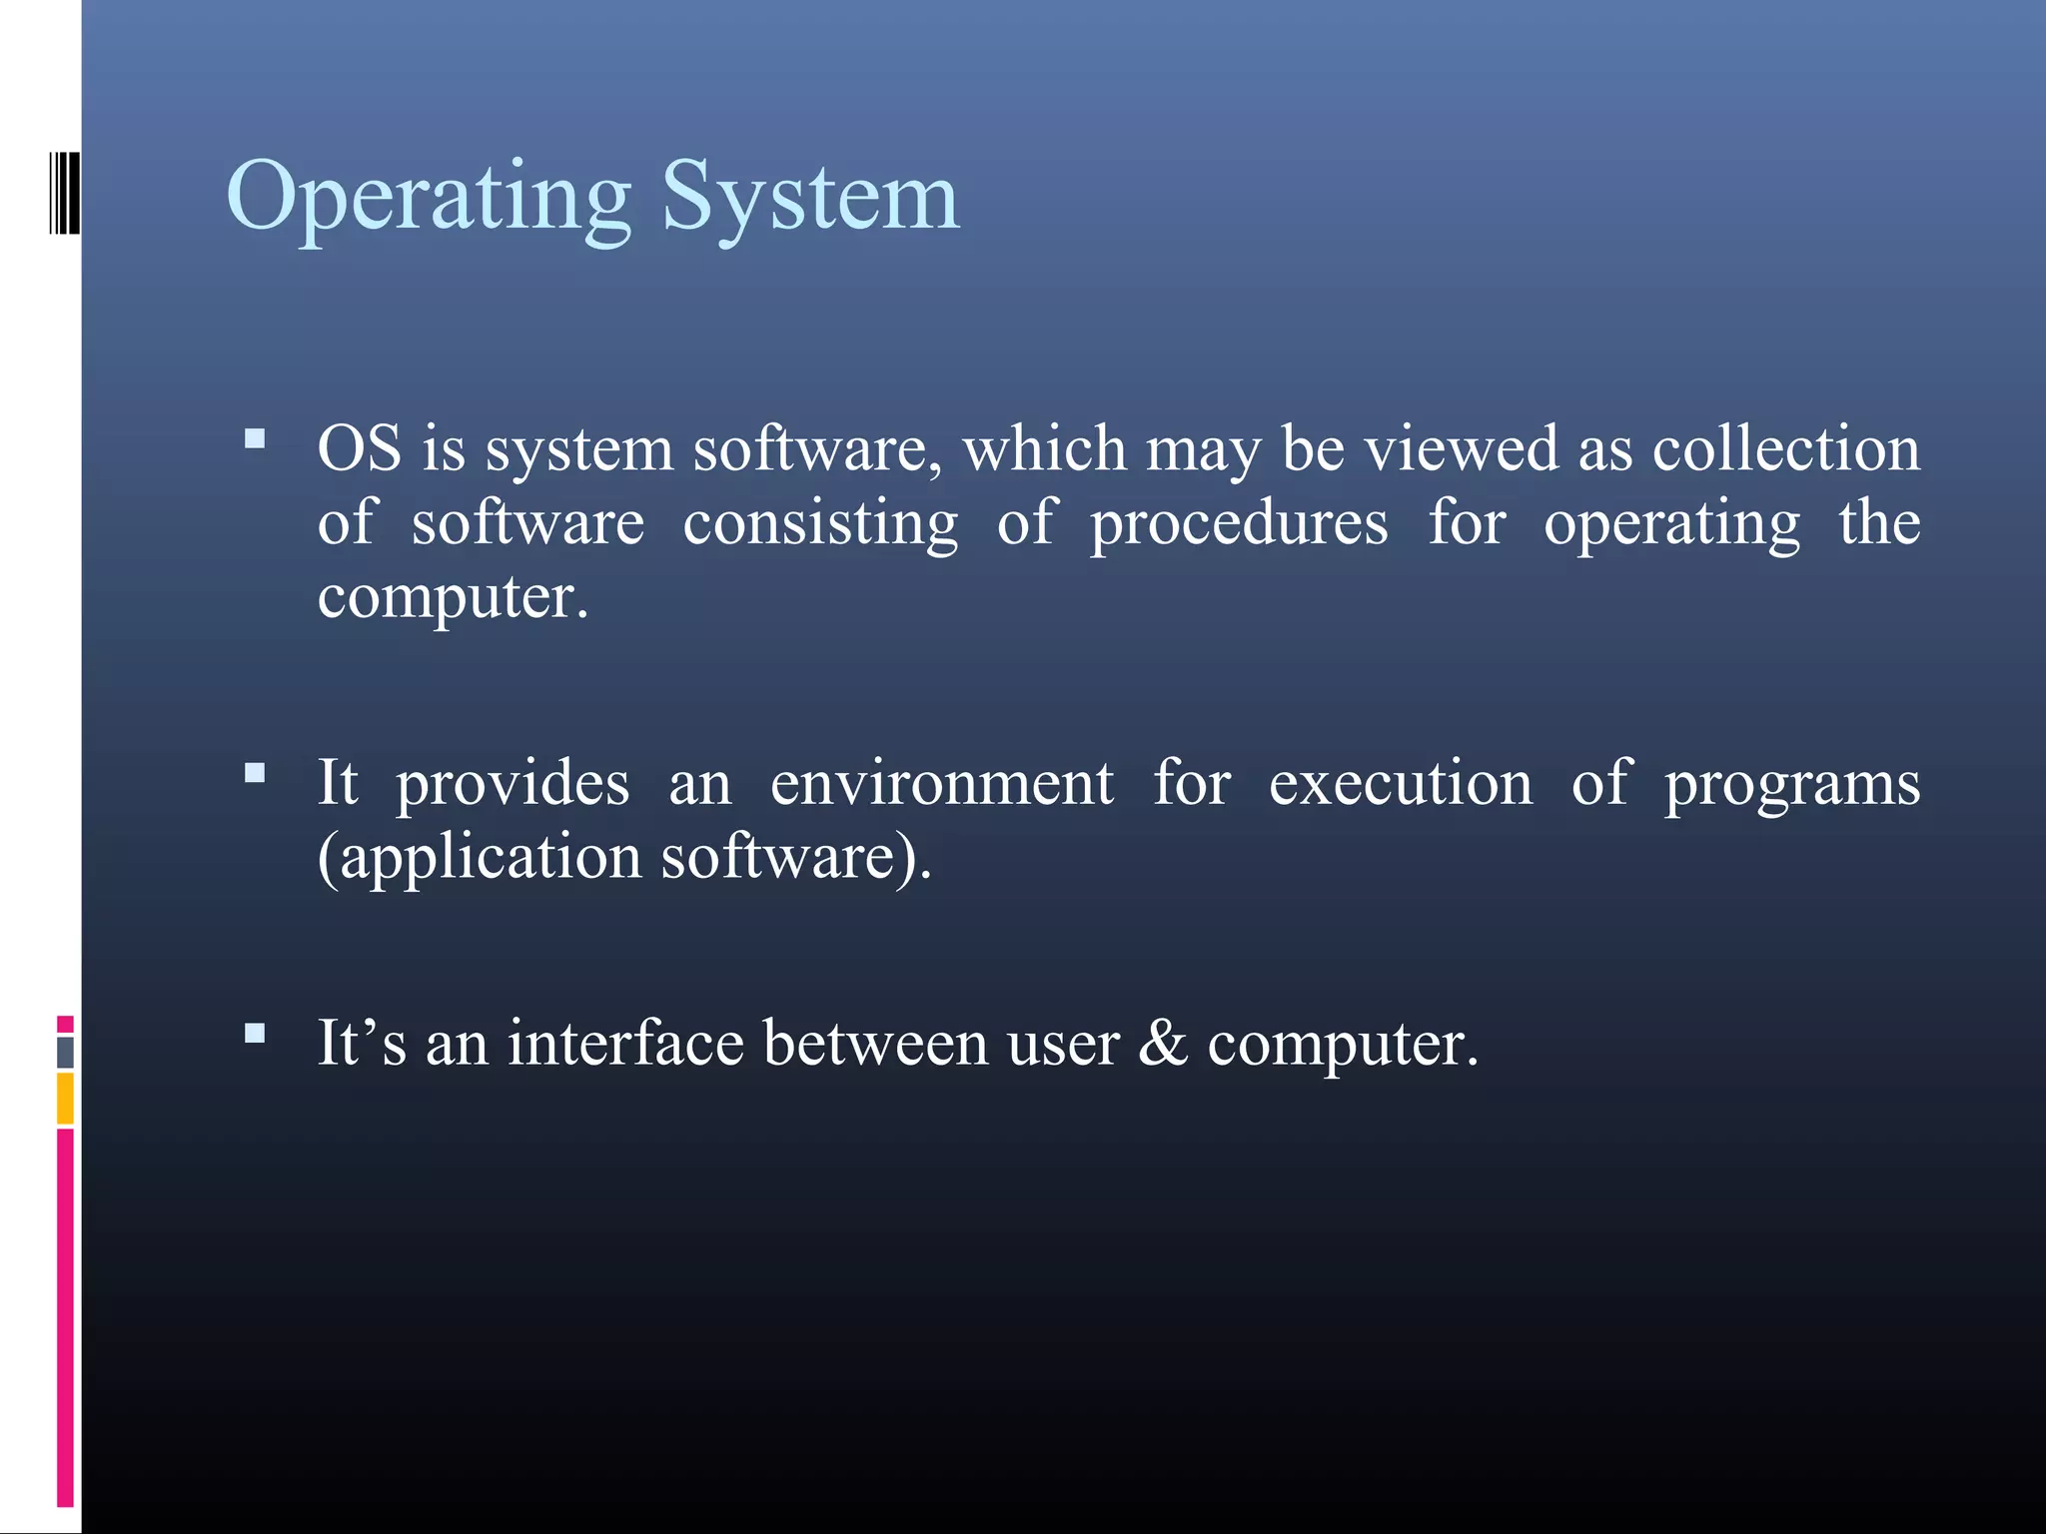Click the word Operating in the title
429,197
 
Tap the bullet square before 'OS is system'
255,438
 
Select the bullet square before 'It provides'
255,772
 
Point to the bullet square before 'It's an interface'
255,1033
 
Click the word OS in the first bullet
359,448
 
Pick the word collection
1785,448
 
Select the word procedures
1238,523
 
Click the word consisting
819,523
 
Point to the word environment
941,783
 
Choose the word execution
1400,783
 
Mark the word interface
625,1044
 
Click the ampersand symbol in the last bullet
1163,1044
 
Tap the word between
875,1044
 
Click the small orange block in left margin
65,1099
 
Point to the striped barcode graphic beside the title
64,193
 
